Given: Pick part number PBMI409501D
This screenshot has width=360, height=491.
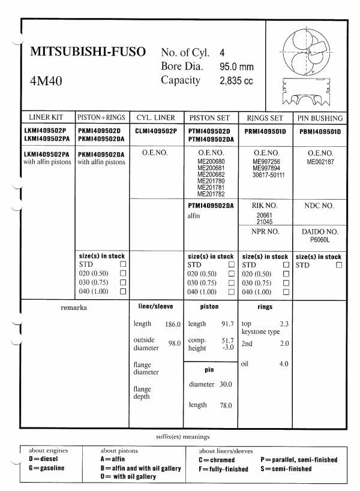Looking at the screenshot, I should [320, 131].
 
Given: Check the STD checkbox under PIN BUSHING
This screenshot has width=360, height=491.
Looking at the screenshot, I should [340, 264].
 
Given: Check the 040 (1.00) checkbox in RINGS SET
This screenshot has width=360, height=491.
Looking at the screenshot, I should [286, 291].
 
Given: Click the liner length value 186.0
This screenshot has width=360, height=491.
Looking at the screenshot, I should [173, 324].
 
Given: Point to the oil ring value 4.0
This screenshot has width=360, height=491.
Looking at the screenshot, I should [284, 364].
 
